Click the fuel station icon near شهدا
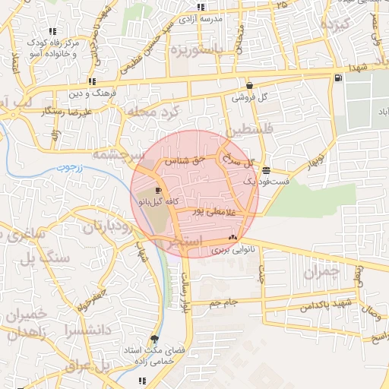[x=337, y=77]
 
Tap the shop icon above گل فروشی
[x=250, y=85]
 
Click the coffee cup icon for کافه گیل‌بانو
[x=158, y=190]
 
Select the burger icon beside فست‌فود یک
[x=265, y=170]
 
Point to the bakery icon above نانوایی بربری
[x=232, y=238]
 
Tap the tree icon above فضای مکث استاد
[x=156, y=339]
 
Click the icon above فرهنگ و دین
[x=92, y=81]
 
